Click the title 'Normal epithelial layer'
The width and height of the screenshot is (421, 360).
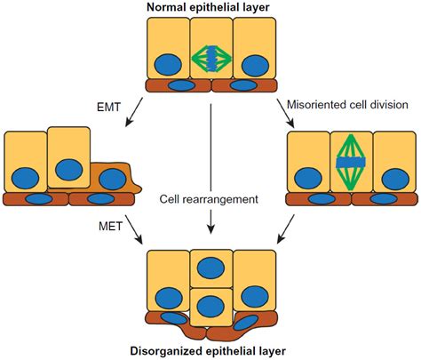coord(210,8)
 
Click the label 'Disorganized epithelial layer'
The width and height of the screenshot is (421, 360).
coord(210,351)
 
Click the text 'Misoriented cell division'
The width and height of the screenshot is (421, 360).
coord(349,105)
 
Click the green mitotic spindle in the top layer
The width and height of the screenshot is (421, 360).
coord(211,60)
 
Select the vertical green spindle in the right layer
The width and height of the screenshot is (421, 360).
coord(350,163)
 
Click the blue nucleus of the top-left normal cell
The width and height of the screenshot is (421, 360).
coord(167,65)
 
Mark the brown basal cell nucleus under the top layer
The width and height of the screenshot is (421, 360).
coord(180,85)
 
